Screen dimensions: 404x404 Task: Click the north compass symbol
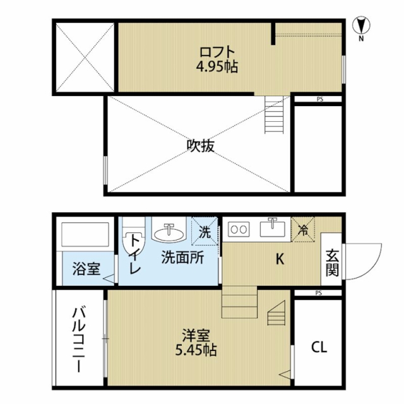pos(361,28)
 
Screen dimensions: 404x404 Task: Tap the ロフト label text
pos(217,52)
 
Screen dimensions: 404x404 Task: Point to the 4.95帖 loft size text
pos(217,67)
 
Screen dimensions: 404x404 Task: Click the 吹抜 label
pos(201,146)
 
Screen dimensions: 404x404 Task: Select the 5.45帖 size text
pos(196,350)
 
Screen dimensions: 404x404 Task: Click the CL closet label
pos(319,347)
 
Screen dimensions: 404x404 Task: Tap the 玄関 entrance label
pos(332,263)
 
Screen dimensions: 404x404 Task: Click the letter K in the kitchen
pos(280,259)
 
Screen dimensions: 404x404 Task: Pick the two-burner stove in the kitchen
pos(239,229)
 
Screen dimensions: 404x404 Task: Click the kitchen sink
pos(273,228)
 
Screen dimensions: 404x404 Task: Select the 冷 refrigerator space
pos(303,229)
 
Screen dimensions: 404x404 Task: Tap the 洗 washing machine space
pos(205,231)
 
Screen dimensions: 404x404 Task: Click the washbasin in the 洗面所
pos(169,230)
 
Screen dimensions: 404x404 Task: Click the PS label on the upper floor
pos(320,99)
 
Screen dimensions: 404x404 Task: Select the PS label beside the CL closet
pos(318,293)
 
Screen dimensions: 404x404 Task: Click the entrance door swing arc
pos(373,268)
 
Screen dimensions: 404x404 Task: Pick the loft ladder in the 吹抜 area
pos(274,115)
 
